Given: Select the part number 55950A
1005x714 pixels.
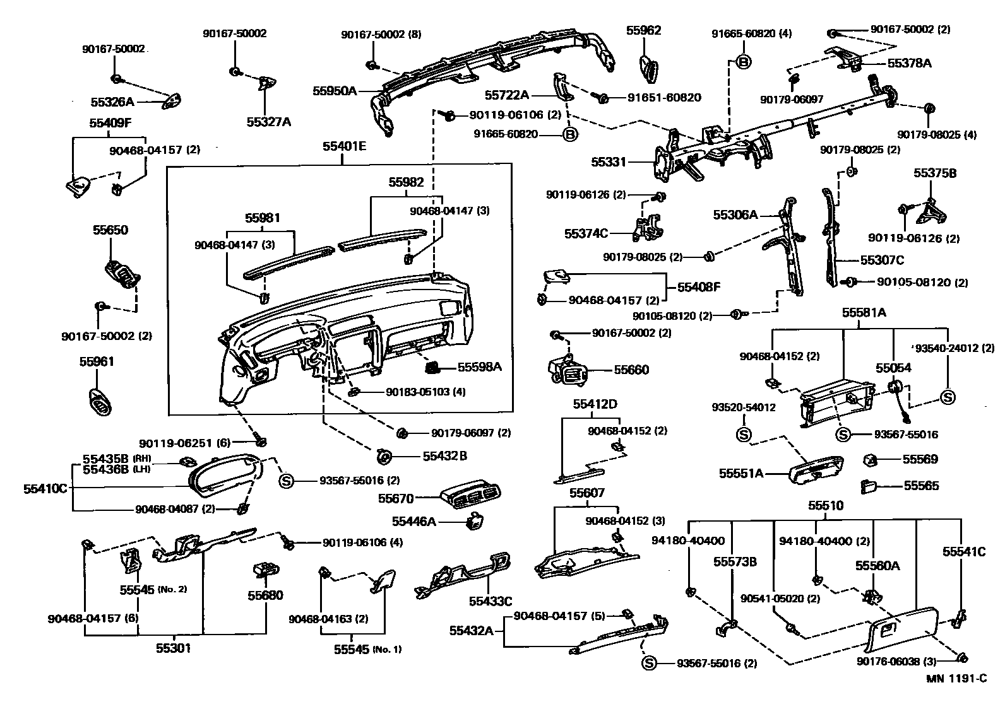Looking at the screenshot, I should (335, 91).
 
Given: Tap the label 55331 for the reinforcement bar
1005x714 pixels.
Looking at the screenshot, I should (609, 162).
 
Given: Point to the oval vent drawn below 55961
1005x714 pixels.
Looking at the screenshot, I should (98, 403).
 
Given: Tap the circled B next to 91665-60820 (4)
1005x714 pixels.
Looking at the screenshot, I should (744, 62).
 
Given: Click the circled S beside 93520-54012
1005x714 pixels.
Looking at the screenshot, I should (744, 435).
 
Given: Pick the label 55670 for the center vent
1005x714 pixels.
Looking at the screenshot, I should (396, 499).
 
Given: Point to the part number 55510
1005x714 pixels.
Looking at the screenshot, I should (826, 506).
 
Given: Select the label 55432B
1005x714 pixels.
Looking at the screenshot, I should (445, 455).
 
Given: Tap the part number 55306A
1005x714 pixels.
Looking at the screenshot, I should (735, 214).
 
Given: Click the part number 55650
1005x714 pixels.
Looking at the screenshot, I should (110, 230).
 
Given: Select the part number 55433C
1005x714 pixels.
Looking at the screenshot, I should (490, 601).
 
